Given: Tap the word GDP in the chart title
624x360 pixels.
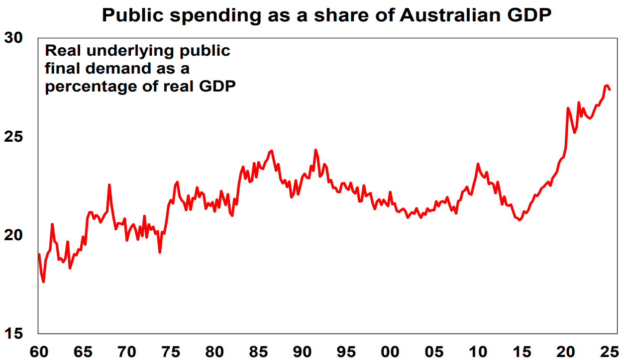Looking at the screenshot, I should pyautogui.click(x=527, y=15).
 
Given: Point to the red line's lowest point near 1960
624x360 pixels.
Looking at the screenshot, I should pyautogui.click(x=44, y=281).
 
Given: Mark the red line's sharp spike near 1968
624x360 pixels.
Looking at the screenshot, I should pyautogui.click(x=109, y=185).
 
